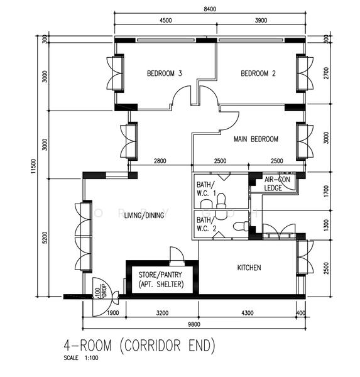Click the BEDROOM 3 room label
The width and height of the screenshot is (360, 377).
(165, 74)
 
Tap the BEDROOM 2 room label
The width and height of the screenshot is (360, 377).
(258, 74)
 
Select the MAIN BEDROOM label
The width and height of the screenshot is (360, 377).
(256, 139)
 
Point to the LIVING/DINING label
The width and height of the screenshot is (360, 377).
(144, 216)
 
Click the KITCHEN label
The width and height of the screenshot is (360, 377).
(249, 268)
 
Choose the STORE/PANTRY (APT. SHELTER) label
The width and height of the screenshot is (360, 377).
(161, 280)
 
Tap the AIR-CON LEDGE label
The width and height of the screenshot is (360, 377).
(273, 183)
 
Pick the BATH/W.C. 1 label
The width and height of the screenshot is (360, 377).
(205, 189)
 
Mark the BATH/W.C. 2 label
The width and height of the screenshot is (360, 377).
(205, 224)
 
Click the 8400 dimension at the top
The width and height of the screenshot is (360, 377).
(210, 9)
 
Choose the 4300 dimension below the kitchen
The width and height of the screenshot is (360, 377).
(248, 312)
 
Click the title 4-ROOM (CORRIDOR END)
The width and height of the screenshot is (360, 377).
(139, 345)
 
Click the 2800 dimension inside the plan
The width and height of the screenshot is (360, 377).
(160, 161)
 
